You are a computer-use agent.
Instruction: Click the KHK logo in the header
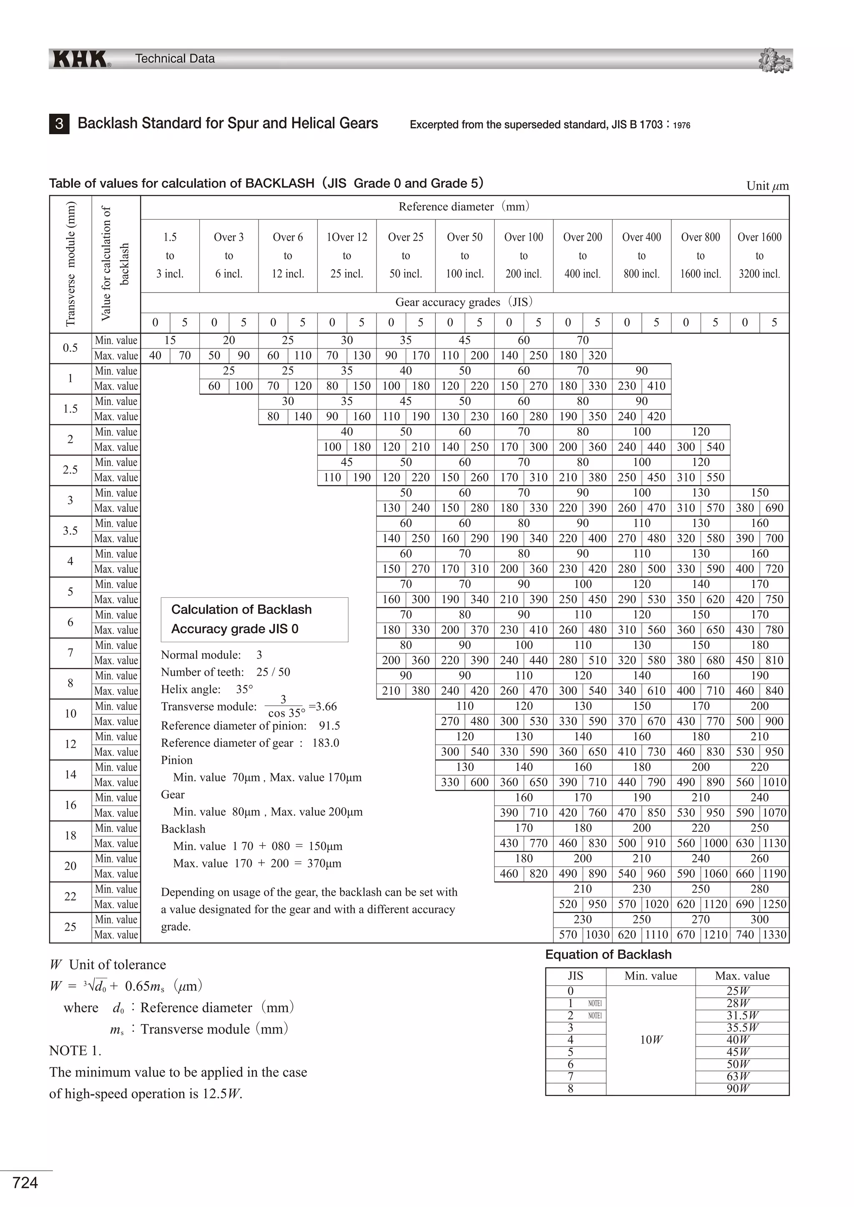80,59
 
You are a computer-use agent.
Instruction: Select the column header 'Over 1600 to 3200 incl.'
759,255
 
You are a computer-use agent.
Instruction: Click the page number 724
25,1183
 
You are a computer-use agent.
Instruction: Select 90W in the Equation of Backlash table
738,1089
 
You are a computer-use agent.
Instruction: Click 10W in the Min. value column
651,1040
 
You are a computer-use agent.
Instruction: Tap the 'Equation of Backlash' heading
608,955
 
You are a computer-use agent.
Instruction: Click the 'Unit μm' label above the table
767,186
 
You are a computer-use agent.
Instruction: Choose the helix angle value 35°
244,689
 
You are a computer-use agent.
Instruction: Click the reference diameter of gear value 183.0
326,743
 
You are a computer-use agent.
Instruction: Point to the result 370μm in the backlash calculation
324,863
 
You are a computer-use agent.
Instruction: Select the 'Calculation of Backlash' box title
241,610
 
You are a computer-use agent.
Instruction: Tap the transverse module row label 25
70,927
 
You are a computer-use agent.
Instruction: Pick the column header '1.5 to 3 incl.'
170,255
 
